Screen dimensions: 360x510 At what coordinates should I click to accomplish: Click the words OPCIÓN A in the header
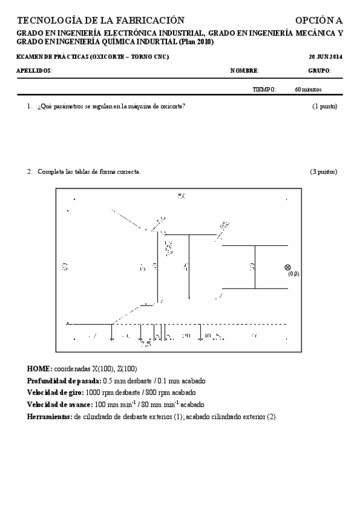tap(319, 20)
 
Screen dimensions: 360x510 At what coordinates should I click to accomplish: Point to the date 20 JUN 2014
tap(325, 57)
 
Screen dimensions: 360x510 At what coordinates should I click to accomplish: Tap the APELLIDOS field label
tap(34, 71)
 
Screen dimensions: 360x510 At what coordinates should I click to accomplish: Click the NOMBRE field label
tap(244, 71)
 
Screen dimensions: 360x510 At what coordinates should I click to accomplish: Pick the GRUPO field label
tap(319, 71)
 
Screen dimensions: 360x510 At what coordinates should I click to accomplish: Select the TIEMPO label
tap(264, 90)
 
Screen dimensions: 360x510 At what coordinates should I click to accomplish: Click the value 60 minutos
tap(308, 90)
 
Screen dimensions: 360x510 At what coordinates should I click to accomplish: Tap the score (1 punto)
tap(325, 106)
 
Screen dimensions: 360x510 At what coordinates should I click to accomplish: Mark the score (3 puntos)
tap(323, 172)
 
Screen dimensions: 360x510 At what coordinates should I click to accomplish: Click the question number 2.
tap(29, 172)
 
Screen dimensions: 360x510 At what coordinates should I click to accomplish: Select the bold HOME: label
tap(40, 368)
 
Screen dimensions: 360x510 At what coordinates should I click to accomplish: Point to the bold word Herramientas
tap(49, 417)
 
